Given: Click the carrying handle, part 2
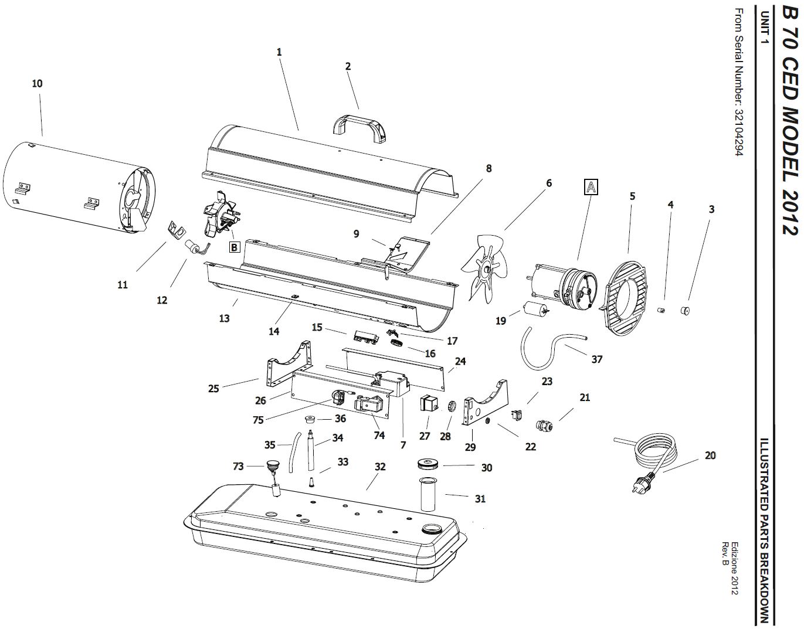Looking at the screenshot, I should (359, 126).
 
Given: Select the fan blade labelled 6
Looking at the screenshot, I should (486, 267).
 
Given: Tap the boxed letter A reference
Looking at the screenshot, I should (591, 187).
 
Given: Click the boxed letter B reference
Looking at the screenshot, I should (235, 247).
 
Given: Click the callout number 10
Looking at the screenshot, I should (37, 84).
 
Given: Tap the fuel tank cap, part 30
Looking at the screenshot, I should (429, 464).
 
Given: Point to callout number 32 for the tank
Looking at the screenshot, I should (380, 467).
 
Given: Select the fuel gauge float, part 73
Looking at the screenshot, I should (271, 466).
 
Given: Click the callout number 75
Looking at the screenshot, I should (258, 419).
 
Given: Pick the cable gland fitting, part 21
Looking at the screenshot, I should (544, 424).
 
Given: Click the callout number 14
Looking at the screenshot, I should (274, 331).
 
